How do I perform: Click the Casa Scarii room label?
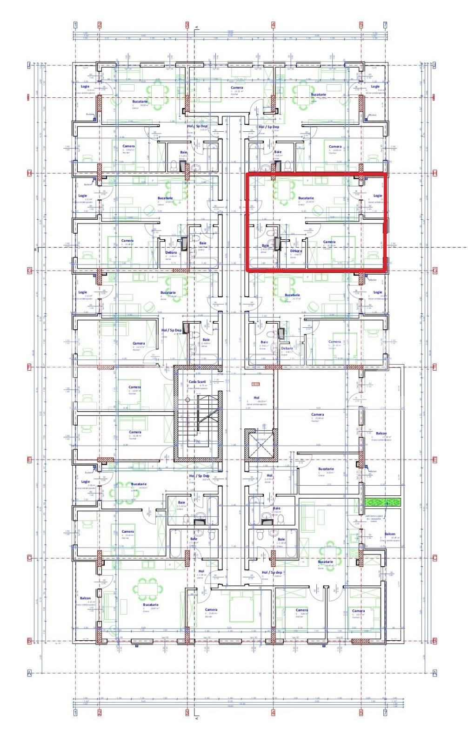coord(197,381)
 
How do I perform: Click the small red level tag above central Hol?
coord(255,384)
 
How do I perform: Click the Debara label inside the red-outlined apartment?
coord(296,251)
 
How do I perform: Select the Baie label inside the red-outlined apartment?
coord(265,245)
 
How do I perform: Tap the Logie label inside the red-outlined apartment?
coord(377,196)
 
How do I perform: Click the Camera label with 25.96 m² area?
coord(317,414)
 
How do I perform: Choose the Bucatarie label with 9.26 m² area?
coord(326,469)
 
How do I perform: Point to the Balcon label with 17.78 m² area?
coord(381,433)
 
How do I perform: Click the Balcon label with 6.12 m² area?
coord(85,598)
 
